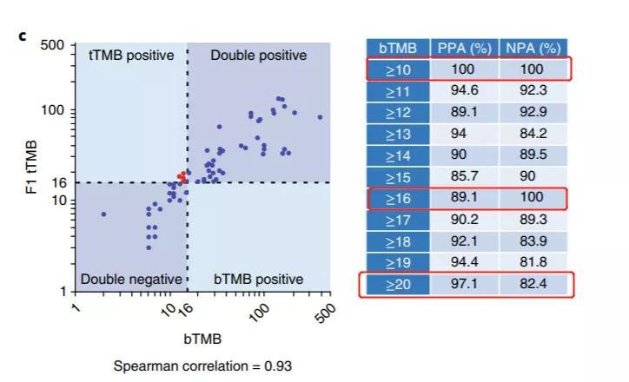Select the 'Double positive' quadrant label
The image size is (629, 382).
[259, 56]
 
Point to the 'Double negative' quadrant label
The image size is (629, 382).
[131, 280]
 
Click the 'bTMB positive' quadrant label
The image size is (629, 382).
[259, 280]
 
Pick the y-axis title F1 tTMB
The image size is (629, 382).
[30, 165]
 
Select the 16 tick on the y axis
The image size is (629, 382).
[61, 182]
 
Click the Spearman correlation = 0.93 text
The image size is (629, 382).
[202, 366]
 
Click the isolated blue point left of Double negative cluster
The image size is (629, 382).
[104, 214]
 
